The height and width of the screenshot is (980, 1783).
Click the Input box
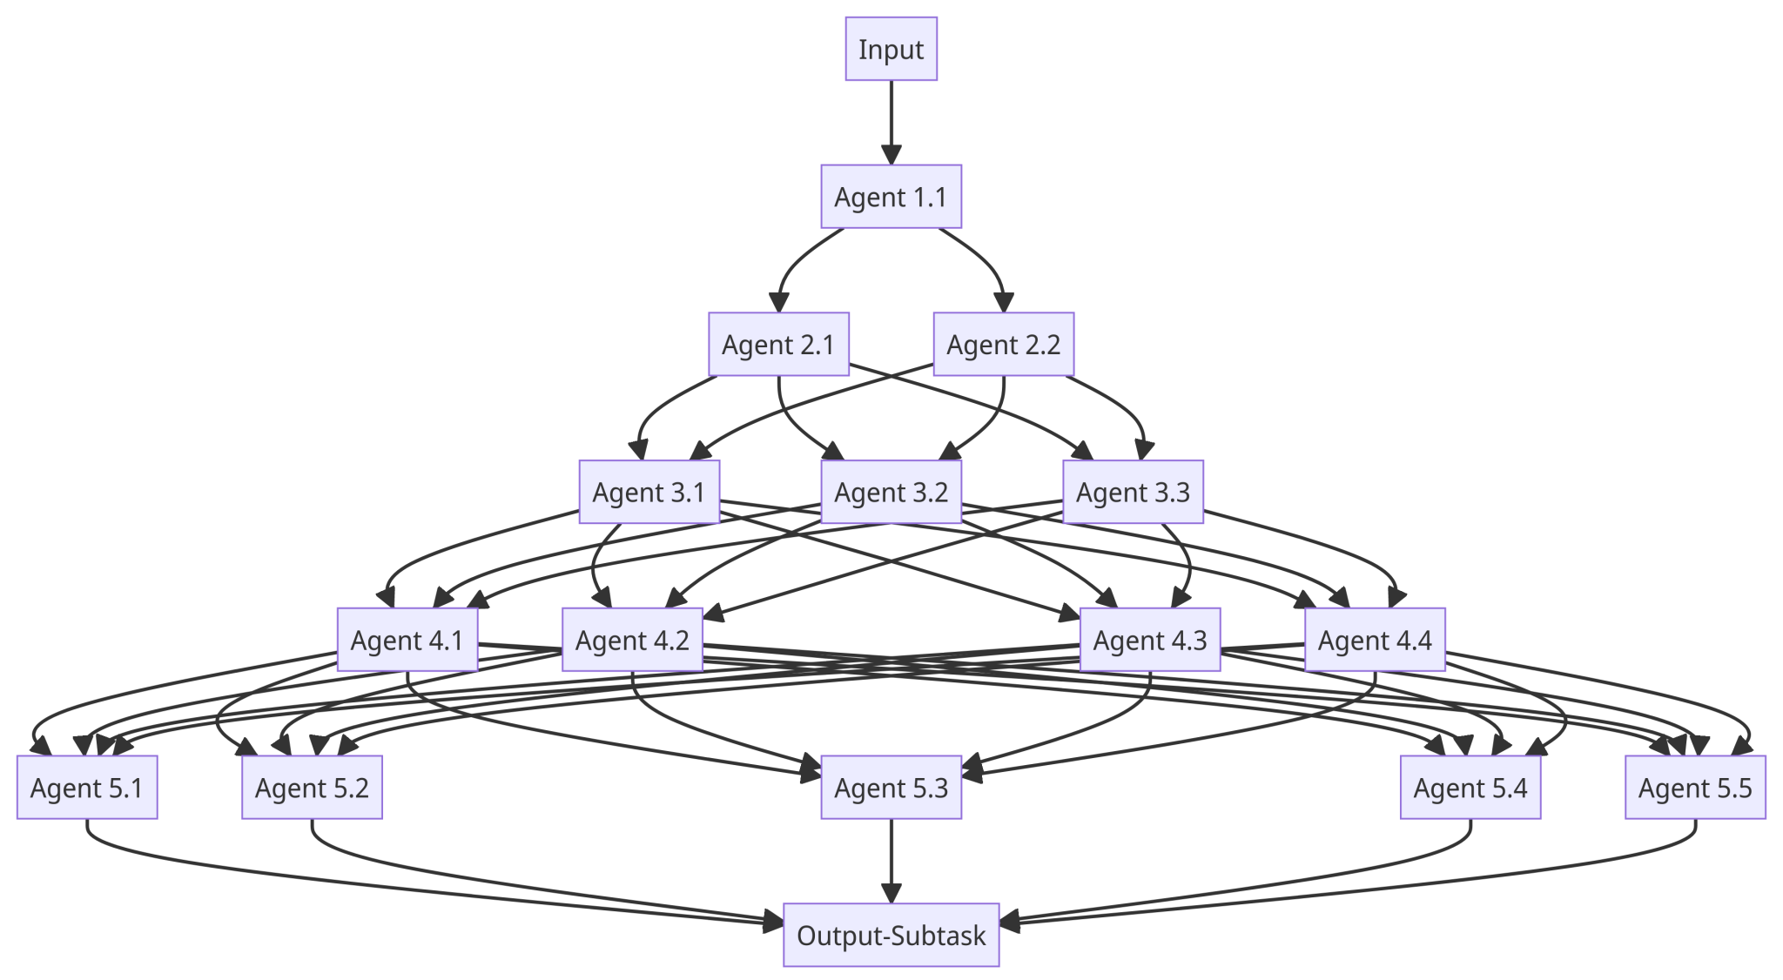pos(891,50)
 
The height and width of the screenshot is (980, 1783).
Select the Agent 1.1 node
pos(891,197)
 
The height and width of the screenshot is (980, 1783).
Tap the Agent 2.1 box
pos(778,345)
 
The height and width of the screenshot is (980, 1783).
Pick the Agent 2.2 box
pos(1003,345)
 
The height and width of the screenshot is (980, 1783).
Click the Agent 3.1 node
pos(649,492)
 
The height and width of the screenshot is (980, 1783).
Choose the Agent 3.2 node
pos(891,492)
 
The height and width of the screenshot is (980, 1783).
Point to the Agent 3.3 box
pos(1133,492)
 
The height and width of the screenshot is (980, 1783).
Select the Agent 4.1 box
pos(407,640)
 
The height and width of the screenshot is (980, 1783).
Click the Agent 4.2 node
pos(632,640)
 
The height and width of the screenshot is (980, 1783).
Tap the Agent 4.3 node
pos(1149,640)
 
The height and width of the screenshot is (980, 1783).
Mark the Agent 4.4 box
pos(1375,640)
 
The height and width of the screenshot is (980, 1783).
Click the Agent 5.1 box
pos(87,788)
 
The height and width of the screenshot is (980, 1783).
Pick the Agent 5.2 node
pos(312,788)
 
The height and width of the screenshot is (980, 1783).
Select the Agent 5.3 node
pos(891,788)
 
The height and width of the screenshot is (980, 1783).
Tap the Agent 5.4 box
pos(1470,788)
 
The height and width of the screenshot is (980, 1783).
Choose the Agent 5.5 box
pos(1695,788)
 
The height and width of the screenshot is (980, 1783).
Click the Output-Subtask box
pos(891,935)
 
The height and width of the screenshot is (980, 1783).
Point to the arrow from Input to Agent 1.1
pos(891,122)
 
